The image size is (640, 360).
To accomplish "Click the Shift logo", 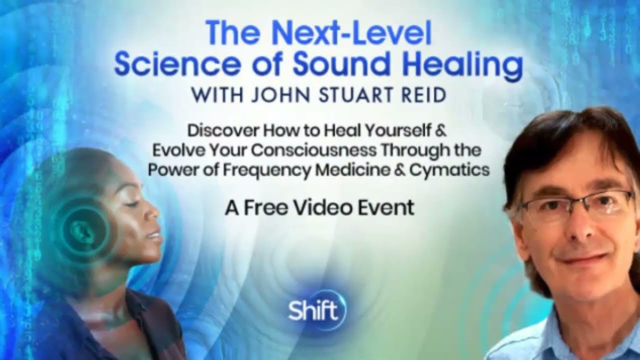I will click(316, 310).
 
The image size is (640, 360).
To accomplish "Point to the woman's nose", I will click(153, 215).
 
